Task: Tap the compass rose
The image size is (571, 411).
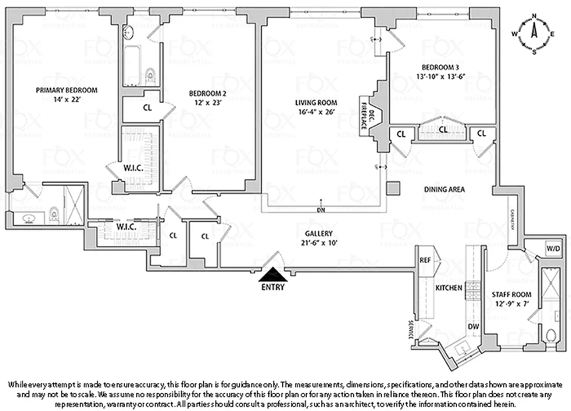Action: (x=533, y=33)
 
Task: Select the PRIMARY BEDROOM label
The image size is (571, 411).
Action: (x=66, y=90)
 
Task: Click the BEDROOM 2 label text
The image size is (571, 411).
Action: (x=208, y=94)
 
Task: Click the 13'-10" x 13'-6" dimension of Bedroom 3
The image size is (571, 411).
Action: (x=440, y=76)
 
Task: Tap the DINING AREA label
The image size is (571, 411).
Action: (x=444, y=190)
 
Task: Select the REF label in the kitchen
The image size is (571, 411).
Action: (x=425, y=260)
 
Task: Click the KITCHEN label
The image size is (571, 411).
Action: (x=449, y=288)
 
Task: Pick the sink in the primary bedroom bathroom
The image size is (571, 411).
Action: (x=29, y=219)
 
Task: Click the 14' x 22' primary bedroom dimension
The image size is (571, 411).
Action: (x=66, y=99)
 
